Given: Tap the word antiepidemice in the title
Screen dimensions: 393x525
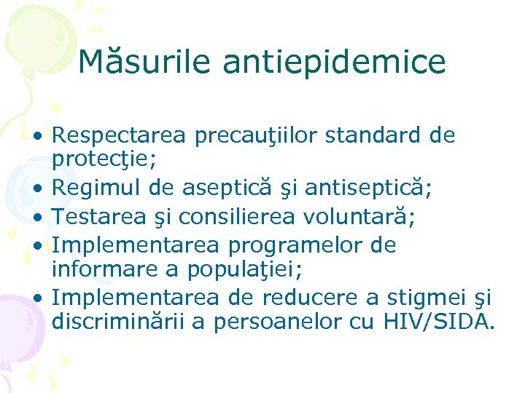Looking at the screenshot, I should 333,62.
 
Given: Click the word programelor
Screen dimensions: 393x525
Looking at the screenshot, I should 289,245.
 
